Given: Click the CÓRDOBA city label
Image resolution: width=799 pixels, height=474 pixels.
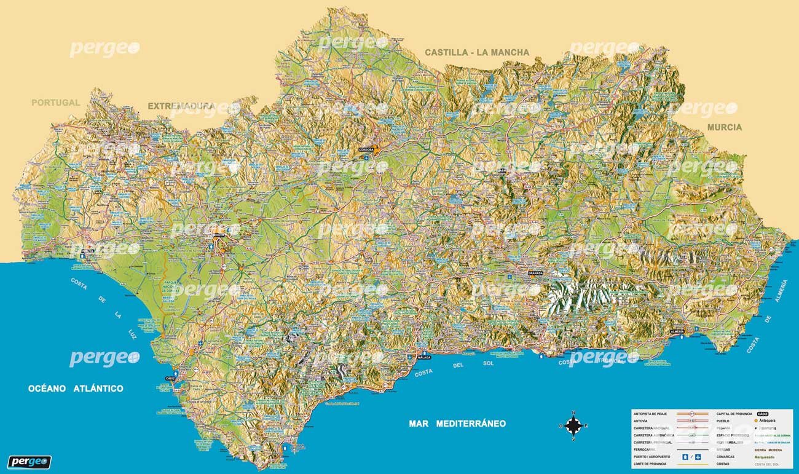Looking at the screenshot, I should [366, 149].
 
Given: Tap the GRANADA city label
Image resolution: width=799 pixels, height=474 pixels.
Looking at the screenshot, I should [535, 273].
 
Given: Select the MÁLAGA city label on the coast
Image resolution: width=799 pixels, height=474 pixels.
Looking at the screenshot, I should [423, 357].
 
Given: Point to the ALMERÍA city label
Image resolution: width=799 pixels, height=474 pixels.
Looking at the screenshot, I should [677, 331].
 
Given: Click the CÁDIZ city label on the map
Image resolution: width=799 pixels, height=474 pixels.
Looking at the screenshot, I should [170, 378].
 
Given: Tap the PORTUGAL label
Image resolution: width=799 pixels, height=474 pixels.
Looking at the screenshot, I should [56, 103].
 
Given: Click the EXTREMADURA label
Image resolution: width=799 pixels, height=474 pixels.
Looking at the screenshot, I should [181, 106].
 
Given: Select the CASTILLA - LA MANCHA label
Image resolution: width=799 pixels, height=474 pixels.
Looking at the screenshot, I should [476, 52].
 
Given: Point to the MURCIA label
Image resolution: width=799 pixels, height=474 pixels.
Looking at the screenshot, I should [724, 127].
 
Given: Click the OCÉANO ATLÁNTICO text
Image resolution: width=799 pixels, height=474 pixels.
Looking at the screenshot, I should [76, 389].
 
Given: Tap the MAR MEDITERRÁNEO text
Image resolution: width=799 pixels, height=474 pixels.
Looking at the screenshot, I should [457, 424].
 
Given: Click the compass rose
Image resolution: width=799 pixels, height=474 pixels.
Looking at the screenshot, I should [573, 425].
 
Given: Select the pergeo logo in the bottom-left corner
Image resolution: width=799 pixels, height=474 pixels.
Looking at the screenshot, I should [30, 462].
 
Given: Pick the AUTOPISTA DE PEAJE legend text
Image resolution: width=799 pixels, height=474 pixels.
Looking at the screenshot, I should [654, 414].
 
